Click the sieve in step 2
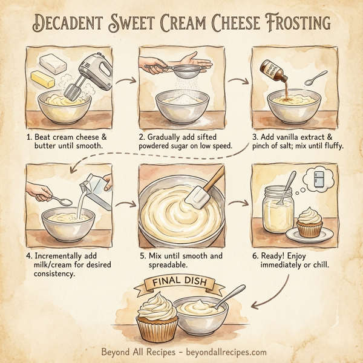click(x=178, y=74)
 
